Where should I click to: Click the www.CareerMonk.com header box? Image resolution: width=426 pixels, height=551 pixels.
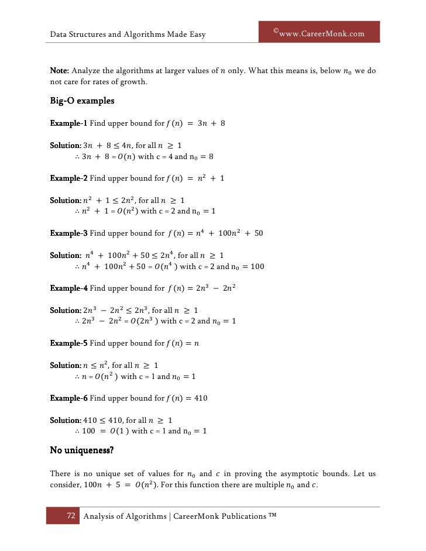[x=319, y=33]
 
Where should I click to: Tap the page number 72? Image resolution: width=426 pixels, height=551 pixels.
[x=71, y=516]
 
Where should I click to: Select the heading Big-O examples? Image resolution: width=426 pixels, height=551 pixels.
[x=81, y=101]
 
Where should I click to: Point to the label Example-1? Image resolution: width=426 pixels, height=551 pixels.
[x=68, y=123]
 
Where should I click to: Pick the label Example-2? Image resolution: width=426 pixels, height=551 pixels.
[x=68, y=178]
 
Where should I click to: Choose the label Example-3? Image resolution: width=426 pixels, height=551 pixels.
[x=68, y=233]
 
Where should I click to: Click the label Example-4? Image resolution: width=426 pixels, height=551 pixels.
[x=68, y=288]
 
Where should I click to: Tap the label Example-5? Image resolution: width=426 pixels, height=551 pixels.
[x=68, y=343]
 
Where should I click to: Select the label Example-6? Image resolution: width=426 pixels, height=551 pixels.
[x=68, y=398]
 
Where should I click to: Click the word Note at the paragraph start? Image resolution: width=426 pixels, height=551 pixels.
[x=59, y=71]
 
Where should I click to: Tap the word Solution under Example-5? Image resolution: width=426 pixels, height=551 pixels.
[x=65, y=366]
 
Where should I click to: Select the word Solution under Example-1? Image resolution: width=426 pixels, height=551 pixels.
[x=65, y=146]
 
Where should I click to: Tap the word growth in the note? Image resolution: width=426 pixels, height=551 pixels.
[x=132, y=82]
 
